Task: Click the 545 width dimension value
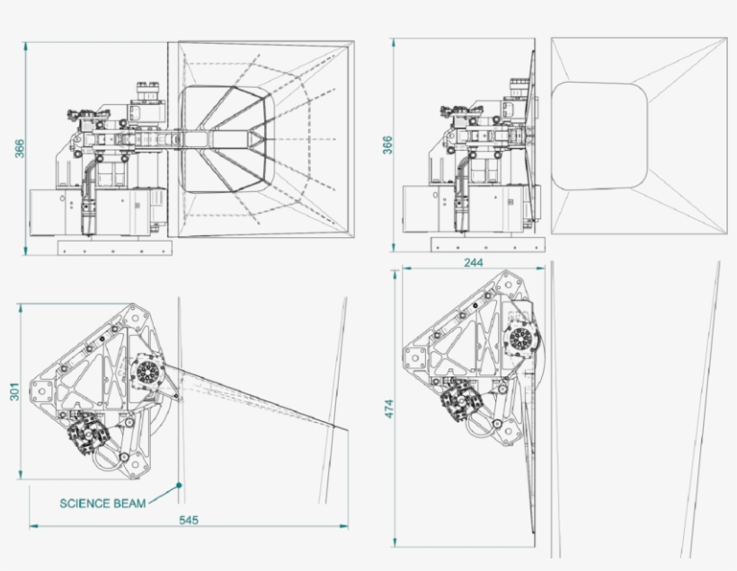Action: [x=188, y=519]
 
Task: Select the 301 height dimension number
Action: [x=13, y=392]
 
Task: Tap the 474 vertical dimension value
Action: [x=388, y=408]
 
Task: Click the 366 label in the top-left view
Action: [x=20, y=147]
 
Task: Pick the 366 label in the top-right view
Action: [x=387, y=145]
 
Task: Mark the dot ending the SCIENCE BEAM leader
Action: [x=180, y=485]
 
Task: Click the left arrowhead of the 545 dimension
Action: [x=32, y=524]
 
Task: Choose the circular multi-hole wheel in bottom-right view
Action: [x=519, y=339]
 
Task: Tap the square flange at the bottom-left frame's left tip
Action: [x=42, y=392]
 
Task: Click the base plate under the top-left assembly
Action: [x=113, y=246]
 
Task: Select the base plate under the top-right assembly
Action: [x=487, y=244]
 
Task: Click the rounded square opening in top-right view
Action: [x=599, y=136]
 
